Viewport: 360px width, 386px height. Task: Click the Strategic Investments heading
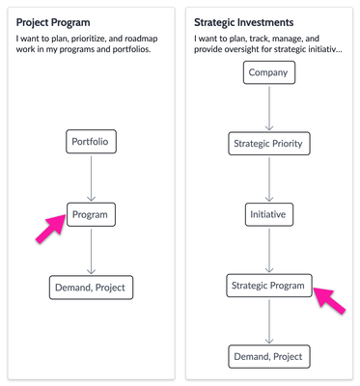[245, 21]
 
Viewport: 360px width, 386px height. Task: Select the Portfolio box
[92, 143]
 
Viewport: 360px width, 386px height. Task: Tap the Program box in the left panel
[92, 214]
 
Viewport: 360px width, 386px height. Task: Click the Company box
[268, 73]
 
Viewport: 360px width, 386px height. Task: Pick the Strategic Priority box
[268, 145]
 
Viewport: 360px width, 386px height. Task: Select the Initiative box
[268, 215]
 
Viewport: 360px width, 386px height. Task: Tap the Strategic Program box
[268, 286]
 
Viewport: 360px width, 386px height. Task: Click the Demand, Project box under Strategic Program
[268, 357]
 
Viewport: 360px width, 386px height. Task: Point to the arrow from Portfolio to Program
[92, 179]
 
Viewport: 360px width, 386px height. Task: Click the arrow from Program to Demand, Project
[92, 251]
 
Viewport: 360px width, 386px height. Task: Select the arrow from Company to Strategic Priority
[268, 109]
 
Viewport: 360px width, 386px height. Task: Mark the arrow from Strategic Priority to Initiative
[268, 180]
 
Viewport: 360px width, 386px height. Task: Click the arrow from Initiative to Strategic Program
[268, 251]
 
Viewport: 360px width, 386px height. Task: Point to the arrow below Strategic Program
[268, 321]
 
